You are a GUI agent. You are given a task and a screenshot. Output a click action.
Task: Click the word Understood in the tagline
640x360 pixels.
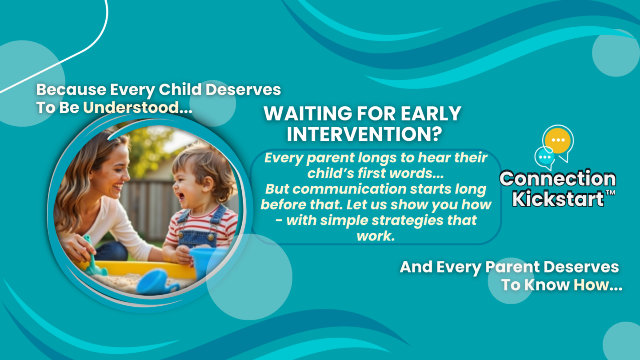[131, 108]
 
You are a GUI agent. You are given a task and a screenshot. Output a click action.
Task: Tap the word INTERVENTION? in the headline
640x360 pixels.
[364, 134]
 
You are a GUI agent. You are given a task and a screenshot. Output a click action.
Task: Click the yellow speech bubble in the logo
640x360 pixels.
[558, 141]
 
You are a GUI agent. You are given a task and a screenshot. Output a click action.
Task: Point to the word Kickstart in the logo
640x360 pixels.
[558, 198]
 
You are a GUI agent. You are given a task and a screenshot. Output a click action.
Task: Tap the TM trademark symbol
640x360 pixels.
[610, 193]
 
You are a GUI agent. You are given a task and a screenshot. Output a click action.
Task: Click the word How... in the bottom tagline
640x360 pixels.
[598, 285]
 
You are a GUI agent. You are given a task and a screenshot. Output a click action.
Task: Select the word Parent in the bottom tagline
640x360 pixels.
[512, 268]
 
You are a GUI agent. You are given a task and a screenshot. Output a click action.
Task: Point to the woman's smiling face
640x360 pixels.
[113, 174]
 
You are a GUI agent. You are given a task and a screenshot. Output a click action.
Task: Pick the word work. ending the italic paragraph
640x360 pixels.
[376, 236]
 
